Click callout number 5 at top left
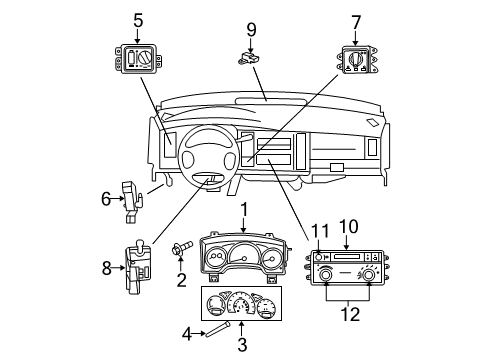click(137, 18)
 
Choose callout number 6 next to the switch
click(105, 198)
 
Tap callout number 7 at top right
click(355, 20)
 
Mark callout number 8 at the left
click(106, 267)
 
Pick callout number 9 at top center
click(251, 29)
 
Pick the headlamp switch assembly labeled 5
click(138, 61)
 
